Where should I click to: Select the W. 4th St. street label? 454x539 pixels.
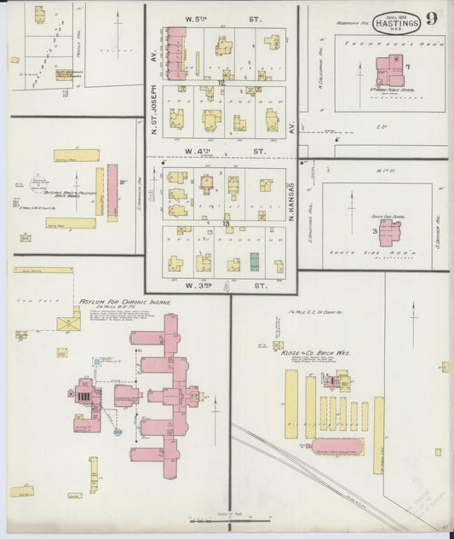point(221,153)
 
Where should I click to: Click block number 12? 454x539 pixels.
point(221,83)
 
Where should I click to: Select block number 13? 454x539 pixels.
point(226,223)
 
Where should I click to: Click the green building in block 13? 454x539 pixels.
point(255,262)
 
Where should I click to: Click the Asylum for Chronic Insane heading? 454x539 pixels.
point(125,302)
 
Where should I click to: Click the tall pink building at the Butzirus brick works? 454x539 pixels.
point(112,192)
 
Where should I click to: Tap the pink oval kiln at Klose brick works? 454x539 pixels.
point(337,446)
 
